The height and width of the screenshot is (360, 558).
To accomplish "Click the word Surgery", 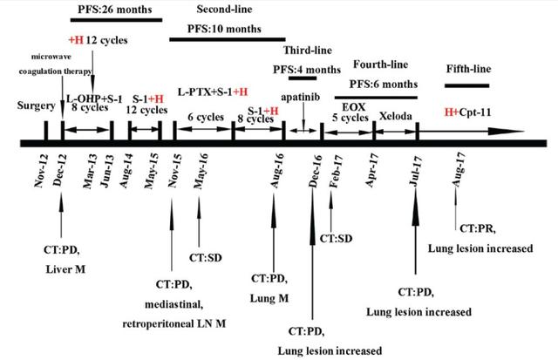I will click(x=35, y=105).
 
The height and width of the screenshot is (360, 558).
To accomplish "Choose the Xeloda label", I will click(x=396, y=115).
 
